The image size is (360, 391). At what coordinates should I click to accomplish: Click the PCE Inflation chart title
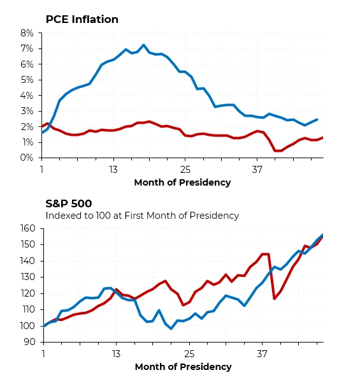coord(82,19)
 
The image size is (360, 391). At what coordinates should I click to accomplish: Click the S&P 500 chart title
coord(69,203)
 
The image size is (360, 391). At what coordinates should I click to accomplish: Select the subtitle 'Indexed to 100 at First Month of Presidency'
coord(142,216)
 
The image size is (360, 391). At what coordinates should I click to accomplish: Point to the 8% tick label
coord(27,33)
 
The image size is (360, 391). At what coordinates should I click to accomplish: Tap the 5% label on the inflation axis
coord(27,80)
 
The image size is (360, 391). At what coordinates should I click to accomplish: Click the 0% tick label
coord(27,158)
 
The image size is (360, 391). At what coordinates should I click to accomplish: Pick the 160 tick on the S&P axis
coord(28,228)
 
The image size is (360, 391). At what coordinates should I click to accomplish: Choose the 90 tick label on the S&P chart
coord(30,342)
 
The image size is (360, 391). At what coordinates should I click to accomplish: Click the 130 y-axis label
coord(28,277)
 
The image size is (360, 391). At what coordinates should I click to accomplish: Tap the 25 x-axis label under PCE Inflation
coord(185,170)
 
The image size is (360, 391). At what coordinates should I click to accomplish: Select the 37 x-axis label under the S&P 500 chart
coord(262,354)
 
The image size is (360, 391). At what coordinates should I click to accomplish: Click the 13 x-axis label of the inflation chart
coord(113,170)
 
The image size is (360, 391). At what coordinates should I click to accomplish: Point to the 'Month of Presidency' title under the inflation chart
coord(182,182)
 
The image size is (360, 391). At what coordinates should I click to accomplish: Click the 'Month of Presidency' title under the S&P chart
coord(183,367)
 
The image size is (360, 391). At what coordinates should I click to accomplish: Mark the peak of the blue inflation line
coord(143,45)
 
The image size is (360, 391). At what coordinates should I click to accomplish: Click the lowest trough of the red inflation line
coord(278,151)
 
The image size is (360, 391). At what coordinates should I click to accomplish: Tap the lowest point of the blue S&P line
coord(171,328)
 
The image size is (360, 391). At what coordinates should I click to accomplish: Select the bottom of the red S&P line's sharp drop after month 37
coord(274,299)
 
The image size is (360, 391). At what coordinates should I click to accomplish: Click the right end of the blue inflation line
coord(317,120)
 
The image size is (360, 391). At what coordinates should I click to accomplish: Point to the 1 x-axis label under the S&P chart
coord(43,354)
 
